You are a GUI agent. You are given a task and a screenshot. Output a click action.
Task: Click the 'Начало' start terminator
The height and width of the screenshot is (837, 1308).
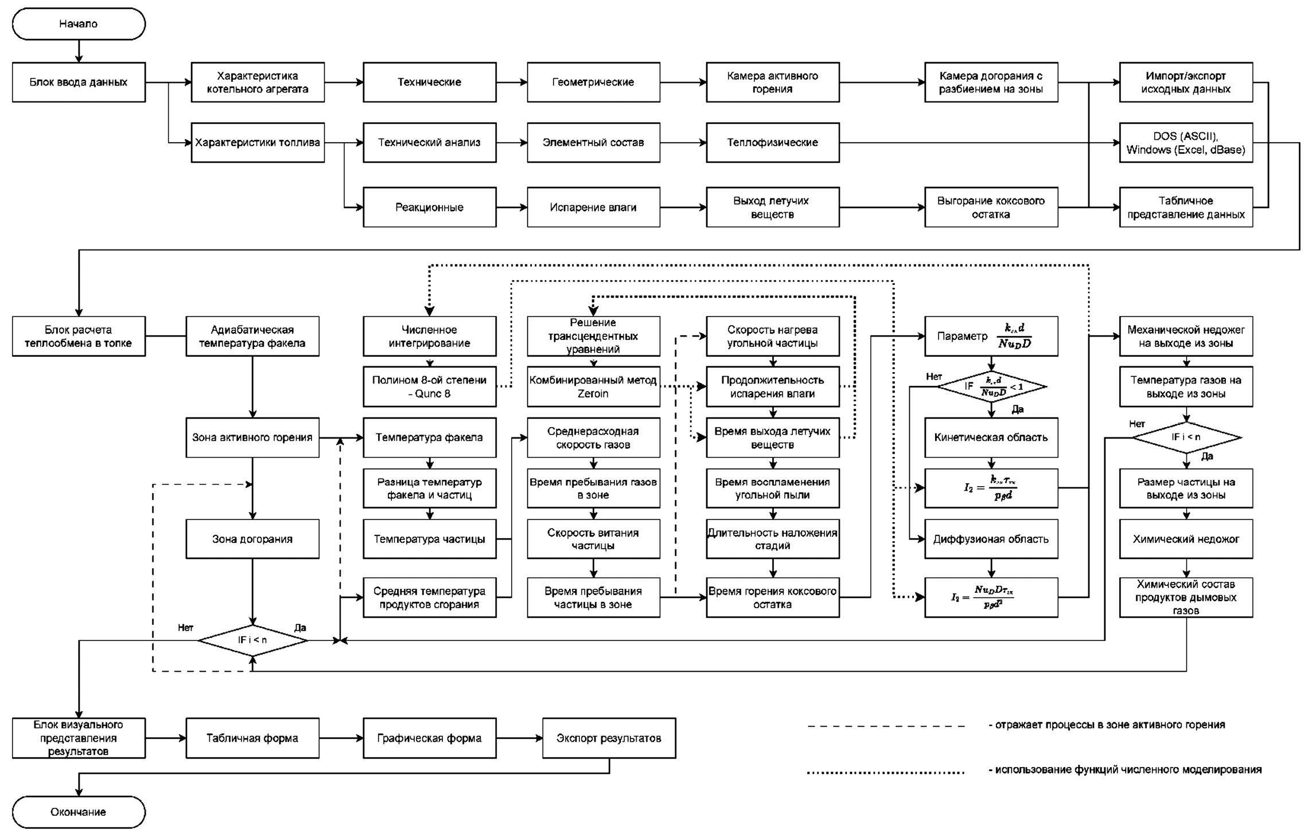(79, 24)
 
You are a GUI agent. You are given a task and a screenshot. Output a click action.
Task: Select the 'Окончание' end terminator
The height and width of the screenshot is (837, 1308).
(79, 812)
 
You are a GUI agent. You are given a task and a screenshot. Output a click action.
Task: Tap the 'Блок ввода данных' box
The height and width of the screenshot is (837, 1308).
(79, 83)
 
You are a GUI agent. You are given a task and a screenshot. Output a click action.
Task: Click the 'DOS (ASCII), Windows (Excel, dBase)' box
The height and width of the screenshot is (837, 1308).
(1185, 143)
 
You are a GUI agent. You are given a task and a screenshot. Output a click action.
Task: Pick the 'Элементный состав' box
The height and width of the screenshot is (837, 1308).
(593, 143)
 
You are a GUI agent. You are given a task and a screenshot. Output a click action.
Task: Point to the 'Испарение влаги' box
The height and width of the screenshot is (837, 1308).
(593, 208)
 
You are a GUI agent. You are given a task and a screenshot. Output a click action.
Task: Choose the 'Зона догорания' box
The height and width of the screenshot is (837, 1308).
(252, 539)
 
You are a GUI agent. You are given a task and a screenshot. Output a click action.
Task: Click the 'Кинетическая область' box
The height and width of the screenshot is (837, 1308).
(991, 437)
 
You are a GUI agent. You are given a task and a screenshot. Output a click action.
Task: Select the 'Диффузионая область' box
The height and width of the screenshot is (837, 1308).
(991, 539)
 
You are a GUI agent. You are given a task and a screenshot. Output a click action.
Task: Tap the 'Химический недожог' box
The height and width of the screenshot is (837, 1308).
(1185, 539)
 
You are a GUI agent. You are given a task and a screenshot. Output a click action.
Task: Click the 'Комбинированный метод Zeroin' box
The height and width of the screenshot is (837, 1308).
(593, 387)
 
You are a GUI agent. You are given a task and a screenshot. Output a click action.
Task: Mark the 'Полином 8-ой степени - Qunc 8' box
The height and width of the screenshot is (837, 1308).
(429, 387)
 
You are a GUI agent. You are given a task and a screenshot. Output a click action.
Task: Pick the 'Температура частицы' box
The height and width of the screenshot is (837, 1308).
(429, 539)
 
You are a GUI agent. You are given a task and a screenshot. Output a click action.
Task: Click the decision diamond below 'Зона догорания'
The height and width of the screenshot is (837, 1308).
(252, 640)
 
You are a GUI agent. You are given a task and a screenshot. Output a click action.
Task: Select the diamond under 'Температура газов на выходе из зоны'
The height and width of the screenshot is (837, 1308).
(1186, 437)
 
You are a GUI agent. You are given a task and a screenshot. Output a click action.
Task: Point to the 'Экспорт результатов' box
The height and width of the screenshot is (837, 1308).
(609, 738)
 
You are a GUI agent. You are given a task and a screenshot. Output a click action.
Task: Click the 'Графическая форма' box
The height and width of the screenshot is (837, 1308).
(429, 738)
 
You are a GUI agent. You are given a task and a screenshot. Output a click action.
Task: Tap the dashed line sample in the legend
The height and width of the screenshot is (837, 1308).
(886, 726)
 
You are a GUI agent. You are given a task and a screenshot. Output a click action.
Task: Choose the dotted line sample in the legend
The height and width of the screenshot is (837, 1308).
(886, 772)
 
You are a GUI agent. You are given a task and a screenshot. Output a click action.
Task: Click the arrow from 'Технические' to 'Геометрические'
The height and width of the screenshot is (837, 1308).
(512, 83)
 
